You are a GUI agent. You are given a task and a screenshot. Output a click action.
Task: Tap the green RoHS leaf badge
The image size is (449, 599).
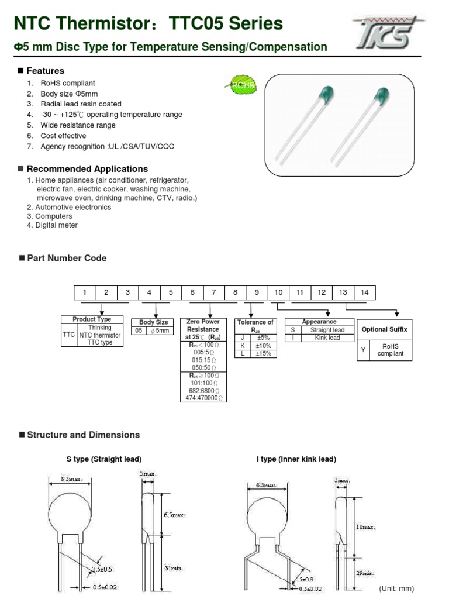241,85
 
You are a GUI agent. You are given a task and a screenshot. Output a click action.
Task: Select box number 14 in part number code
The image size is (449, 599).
364,292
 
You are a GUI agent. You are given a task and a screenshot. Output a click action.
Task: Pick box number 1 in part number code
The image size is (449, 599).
84,292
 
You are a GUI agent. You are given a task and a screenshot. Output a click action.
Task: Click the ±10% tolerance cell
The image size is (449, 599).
263,346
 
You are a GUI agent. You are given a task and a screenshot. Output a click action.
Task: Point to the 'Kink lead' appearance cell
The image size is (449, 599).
327,338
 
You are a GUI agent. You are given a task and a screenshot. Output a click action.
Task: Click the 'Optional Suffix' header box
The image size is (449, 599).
384,329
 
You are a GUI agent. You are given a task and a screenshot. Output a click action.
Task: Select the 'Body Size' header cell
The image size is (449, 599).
153,322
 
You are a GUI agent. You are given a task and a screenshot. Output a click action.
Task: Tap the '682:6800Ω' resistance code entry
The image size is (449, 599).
202,390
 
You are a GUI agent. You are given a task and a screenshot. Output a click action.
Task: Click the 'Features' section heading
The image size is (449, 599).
46,71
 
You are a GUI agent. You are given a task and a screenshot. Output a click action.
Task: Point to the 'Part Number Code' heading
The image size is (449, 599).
67,258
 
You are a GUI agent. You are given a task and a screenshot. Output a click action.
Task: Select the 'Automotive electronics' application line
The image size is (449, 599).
72,207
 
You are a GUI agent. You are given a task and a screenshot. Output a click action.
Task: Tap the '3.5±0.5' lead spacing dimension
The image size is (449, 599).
102,569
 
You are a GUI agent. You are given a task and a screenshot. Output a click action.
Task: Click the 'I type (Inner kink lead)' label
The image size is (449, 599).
296,459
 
